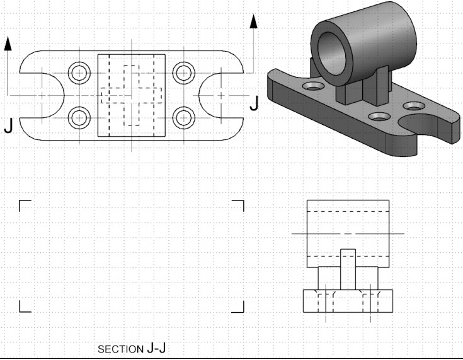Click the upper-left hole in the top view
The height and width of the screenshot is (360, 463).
[79, 73]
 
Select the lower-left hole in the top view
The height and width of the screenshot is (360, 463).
[79, 117]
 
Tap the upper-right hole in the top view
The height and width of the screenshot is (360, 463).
[183, 73]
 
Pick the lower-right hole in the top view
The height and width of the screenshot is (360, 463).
[183, 117]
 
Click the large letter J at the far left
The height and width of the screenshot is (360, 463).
[8, 127]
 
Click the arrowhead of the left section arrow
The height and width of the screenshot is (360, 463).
[8, 44]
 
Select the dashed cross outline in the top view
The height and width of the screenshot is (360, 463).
[131, 95]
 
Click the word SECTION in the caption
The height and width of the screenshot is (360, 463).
[121, 349]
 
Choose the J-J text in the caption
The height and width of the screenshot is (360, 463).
[156, 348]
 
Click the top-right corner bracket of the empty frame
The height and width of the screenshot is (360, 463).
[239, 205]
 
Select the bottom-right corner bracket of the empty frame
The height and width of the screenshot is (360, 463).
[239, 307]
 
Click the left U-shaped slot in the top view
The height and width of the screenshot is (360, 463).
[44, 95]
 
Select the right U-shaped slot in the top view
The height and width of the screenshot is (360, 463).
[217, 95]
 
